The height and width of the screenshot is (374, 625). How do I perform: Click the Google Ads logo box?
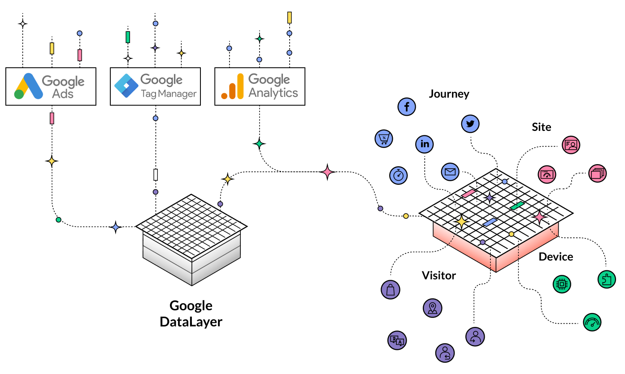(51, 87)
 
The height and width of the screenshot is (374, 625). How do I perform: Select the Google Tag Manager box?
(155, 87)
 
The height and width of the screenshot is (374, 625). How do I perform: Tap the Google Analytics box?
(260, 87)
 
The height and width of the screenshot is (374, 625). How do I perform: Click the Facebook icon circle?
(407, 107)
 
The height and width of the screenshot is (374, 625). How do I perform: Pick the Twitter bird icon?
(470, 124)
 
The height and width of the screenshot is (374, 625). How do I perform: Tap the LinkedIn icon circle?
(425, 144)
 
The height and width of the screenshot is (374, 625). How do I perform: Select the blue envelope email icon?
(451, 171)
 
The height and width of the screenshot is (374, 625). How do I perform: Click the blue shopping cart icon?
(384, 138)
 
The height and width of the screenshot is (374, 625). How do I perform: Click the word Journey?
(449, 94)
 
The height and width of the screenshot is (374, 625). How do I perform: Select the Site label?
(541, 127)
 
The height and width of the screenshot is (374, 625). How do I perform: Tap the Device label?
(556, 257)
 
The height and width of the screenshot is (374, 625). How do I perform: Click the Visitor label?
(438, 275)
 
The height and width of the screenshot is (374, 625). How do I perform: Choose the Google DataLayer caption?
(191, 313)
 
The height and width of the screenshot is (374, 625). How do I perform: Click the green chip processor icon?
(561, 284)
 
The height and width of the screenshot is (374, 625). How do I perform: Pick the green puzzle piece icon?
(607, 279)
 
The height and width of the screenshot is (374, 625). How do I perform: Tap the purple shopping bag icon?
(390, 289)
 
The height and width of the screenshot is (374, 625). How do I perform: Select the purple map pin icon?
(432, 308)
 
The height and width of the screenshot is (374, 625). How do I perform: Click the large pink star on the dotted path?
(327, 172)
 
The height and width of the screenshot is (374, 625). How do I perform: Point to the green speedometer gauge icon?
(592, 322)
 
